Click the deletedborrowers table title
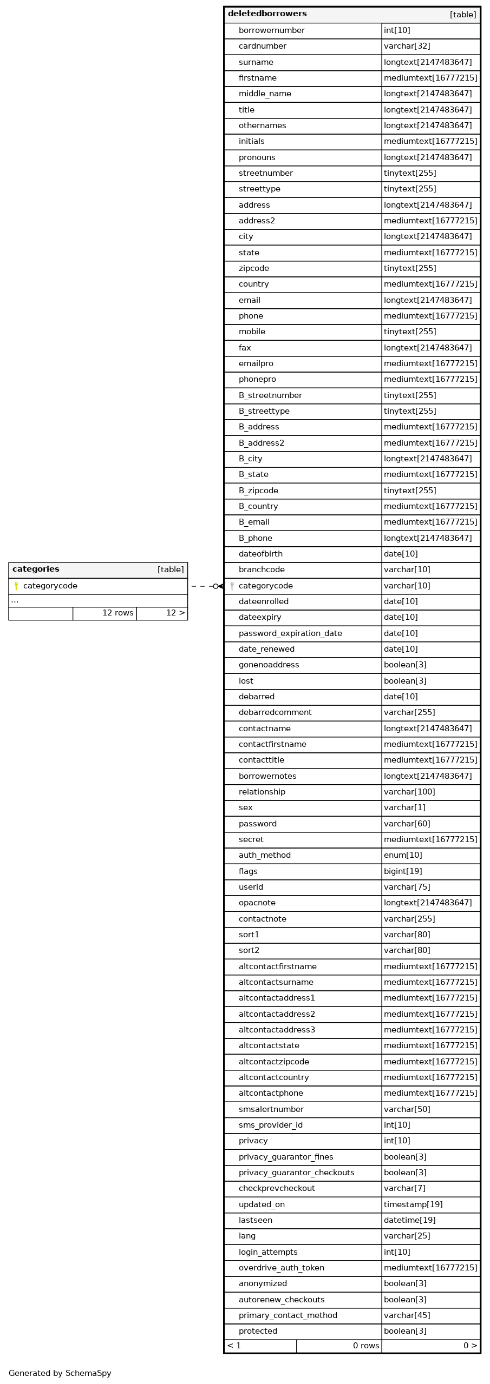point(267,14)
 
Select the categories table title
point(36,569)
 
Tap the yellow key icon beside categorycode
point(16,586)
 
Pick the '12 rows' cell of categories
point(117,613)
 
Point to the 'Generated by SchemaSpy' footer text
point(60,1373)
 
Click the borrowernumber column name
point(271,30)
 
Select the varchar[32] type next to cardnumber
point(407,46)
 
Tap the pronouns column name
point(257,157)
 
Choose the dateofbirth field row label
point(260,554)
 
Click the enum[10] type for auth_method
point(403,855)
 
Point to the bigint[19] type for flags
point(403,871)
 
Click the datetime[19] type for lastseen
point(409,1220)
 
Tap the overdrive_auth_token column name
point(281,1268)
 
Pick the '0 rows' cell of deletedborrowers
point(365,1346)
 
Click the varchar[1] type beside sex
point(404,807)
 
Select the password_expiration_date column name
point(290,633)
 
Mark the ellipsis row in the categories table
point(15,600)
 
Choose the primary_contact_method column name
point(288,1315)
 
